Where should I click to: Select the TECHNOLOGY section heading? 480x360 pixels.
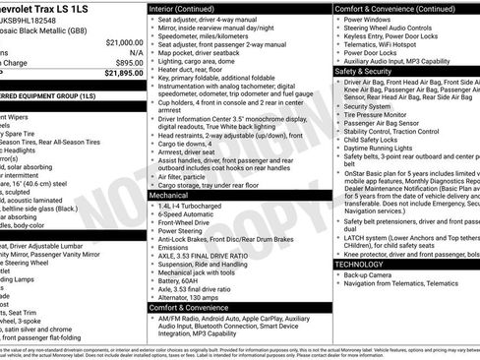359,265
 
